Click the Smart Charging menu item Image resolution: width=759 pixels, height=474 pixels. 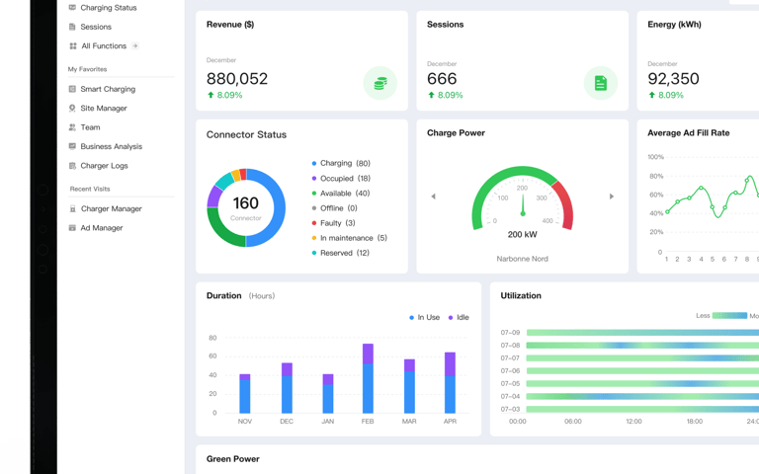[102, 89]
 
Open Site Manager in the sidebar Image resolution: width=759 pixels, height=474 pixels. [98, 108]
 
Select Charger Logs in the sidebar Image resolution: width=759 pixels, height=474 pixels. [98, 166]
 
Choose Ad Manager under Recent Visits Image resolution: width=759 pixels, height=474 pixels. [96, 228]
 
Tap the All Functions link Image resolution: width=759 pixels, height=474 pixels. [104, 46]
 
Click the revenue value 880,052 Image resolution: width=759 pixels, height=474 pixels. [237, 78]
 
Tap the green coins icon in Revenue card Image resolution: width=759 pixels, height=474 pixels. [379, 83]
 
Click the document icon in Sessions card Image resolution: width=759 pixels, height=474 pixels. [600, 83]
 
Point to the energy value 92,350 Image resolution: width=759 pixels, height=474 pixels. [673, 78]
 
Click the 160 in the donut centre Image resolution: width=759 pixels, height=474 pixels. [245, 203]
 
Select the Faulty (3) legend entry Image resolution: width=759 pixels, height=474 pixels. [333, 223]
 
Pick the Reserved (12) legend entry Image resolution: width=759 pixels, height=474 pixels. [340, 253]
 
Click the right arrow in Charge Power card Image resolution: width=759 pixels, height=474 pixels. [612, 197]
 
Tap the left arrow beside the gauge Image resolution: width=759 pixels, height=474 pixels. [433, 197]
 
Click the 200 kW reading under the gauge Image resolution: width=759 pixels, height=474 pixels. [522, 235]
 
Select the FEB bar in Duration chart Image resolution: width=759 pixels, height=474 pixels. [368, 378]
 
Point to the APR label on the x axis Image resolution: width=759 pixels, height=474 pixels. [451, 422]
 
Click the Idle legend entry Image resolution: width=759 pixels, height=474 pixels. [459, 317]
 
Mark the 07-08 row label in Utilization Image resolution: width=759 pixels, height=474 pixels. [510, 346]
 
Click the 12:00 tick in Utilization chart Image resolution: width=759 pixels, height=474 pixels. [633, 422]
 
